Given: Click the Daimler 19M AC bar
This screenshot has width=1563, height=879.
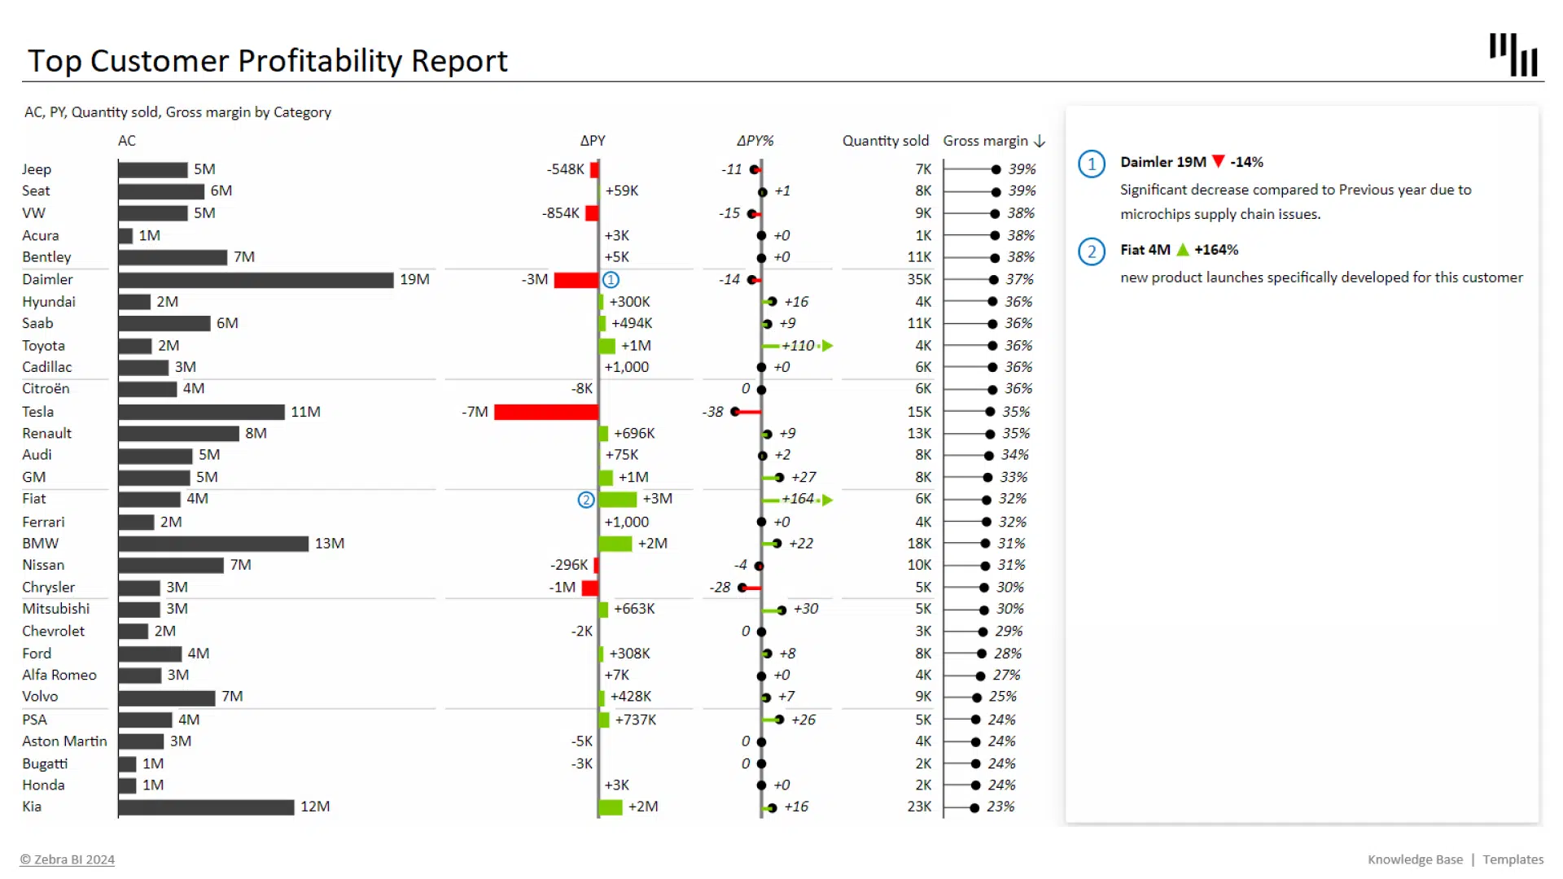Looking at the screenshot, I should (x=256, y=280).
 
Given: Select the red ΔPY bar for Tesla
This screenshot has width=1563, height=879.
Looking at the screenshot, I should (x=545, y=412).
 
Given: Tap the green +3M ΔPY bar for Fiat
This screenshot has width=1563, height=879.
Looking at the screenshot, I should (x=618, y=499).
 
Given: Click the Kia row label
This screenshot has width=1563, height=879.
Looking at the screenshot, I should (x=32, y=807).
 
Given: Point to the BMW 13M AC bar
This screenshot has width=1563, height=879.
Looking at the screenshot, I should (x=213, y=544).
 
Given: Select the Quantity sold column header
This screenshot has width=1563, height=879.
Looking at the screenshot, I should (x=885, y=141).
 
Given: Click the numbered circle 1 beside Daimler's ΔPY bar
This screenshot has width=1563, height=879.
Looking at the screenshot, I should (x=611, y=280).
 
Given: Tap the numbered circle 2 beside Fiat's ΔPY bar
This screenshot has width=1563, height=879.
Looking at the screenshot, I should (x=586, y=500).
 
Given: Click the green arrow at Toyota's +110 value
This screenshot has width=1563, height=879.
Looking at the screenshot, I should (x=827, y=346).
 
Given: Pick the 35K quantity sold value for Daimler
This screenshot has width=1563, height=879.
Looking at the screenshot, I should (x=919, y=279).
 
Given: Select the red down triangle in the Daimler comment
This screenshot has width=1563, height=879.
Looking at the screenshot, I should (x=1218, y=161).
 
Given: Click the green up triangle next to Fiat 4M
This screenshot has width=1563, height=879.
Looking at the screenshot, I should (x=1183, y=250).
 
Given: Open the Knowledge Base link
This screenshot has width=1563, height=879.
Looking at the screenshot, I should (x=1415, y=859).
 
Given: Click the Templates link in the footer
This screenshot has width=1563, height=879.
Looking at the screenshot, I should (x=1513, y=859).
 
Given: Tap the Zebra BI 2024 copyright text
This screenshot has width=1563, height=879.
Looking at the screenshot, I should (x=68, y=859).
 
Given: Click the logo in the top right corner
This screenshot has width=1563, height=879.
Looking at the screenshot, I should (x=1513, y=55).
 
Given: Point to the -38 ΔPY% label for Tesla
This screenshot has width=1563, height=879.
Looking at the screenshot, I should (x=713, y=412).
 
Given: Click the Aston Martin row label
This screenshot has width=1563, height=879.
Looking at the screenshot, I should (x=64, y=741).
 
